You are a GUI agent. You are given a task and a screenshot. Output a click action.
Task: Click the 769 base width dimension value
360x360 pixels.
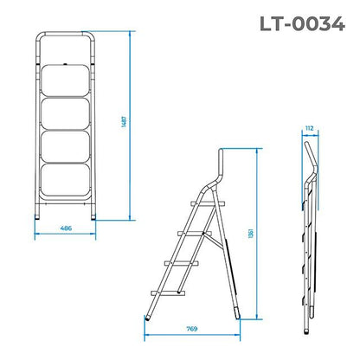pos(196,328)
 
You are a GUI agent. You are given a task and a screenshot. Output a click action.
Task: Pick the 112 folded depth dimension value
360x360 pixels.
pos(309,128)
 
